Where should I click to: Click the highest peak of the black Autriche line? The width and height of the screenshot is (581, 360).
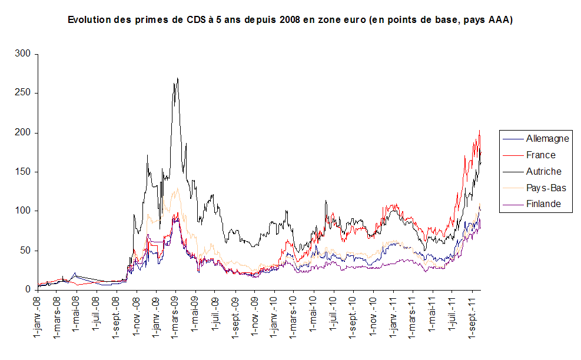pyautogui.click(x=177, y=78)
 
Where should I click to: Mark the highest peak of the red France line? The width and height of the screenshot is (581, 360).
pyautogui.click(x=480, y=131)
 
